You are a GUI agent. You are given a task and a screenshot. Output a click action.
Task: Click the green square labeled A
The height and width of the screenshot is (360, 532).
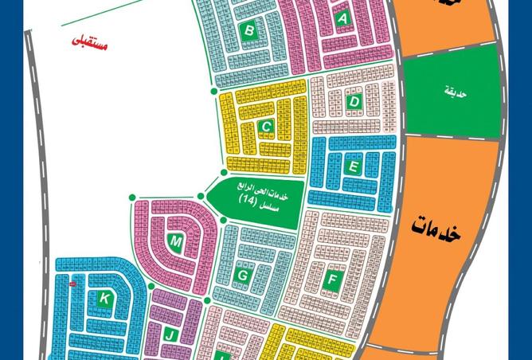click(x=343, y=20)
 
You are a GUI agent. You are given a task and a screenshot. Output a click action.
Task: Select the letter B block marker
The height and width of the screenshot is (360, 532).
click(x=249, y=31)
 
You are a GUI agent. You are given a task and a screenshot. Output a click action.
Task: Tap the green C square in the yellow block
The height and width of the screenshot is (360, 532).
click(x=268, y=127)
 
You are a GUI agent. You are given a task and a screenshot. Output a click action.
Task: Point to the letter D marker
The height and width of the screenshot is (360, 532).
click(x=355, y=102)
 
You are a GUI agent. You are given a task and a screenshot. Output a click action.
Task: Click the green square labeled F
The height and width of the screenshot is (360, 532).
click(x=333, y=280)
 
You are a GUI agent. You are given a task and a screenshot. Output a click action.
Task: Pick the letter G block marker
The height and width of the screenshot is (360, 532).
click(x=242, y=276)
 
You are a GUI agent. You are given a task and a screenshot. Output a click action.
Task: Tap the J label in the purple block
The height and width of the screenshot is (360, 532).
click(x=170, y=335)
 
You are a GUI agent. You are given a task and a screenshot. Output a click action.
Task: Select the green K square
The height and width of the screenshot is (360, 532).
click(x=105, y=299)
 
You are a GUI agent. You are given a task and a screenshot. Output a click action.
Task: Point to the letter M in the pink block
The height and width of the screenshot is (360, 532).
click(x=176, y=241)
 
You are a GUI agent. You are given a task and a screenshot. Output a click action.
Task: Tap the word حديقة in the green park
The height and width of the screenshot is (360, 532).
click(x=456, y=93)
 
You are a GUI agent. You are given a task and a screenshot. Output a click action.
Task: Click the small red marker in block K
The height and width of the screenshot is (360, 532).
click(x=72, y=284)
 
